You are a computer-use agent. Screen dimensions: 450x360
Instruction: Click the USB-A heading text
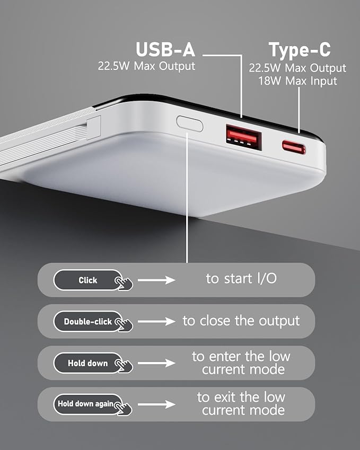click(165, 50)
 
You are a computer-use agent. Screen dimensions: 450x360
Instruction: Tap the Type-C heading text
click(299, 50)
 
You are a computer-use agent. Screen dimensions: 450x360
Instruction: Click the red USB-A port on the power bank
click(243, 135)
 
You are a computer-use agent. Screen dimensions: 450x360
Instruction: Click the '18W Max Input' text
click(298, 81)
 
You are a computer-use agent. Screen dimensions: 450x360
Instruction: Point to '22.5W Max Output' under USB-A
click(146, 66)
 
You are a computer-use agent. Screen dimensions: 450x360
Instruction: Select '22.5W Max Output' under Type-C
click(298, 68)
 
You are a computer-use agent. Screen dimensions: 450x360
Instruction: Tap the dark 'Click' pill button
click(88, 280)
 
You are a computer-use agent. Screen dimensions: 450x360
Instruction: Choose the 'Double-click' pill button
click(88, 322)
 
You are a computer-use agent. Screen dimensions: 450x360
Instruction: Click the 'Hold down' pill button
click(88, 363)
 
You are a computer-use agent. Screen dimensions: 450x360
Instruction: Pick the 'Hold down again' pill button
click(88, 404)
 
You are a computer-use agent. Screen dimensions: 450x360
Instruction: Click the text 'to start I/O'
click(241, 278)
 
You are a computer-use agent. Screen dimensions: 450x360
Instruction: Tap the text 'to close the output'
click(241, 321)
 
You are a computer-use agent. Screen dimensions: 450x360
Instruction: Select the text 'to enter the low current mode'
click(241, 363)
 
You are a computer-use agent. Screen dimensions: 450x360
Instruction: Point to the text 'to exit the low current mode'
click(241, 403)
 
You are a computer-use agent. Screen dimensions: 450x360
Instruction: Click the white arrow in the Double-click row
click(156, 322)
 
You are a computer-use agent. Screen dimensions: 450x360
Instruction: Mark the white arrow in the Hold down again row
click(156, 404)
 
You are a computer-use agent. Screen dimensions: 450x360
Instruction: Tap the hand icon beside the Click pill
click(124, 283)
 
